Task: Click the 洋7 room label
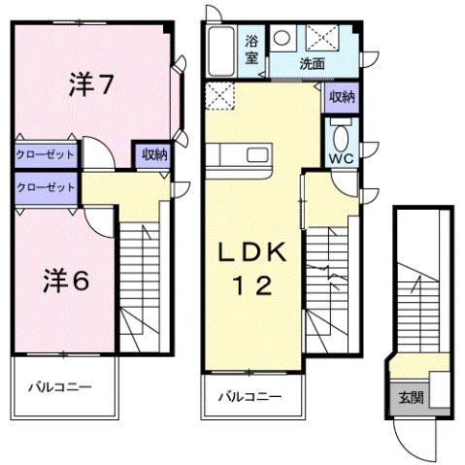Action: coord(92,85)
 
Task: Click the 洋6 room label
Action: coord(66,280)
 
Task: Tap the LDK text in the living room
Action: coord(249,254)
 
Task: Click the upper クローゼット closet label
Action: coord(45,153)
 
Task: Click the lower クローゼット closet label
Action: coord(45,185)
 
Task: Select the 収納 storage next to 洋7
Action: coord(153,152)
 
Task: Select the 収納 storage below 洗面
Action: coord(341,96)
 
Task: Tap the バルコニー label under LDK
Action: coord(249,396)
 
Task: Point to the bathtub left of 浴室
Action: coord(221,50)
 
